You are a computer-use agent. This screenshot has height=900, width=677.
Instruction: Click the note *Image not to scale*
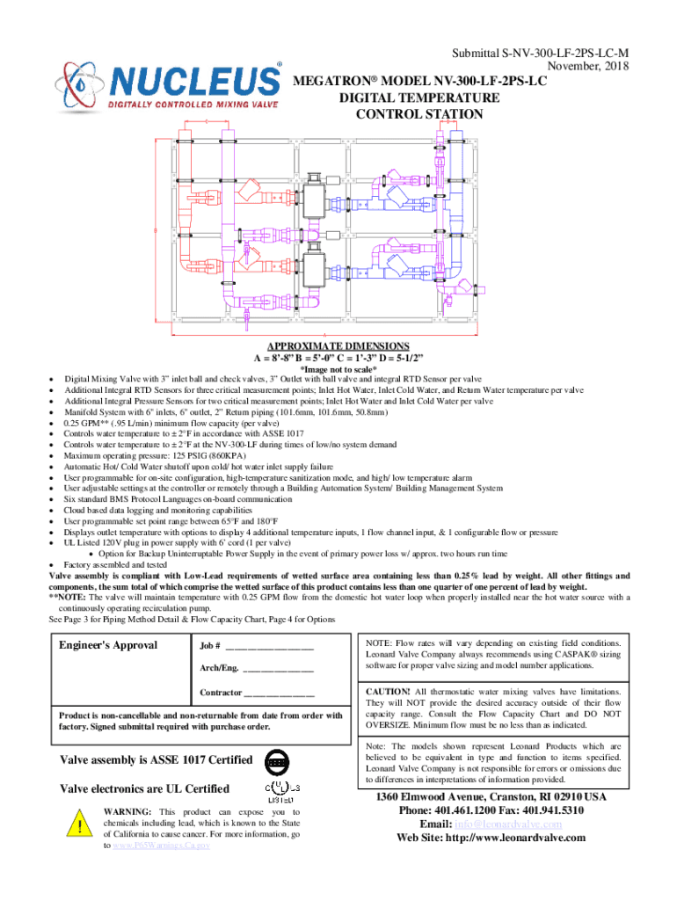pyautogui.click(x=338, y=370)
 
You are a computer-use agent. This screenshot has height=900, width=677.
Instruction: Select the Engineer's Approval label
pyautogui.click(x=108, y=645)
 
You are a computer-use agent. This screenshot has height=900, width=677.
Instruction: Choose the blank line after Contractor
pyautogui.click(x=279, y=693)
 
